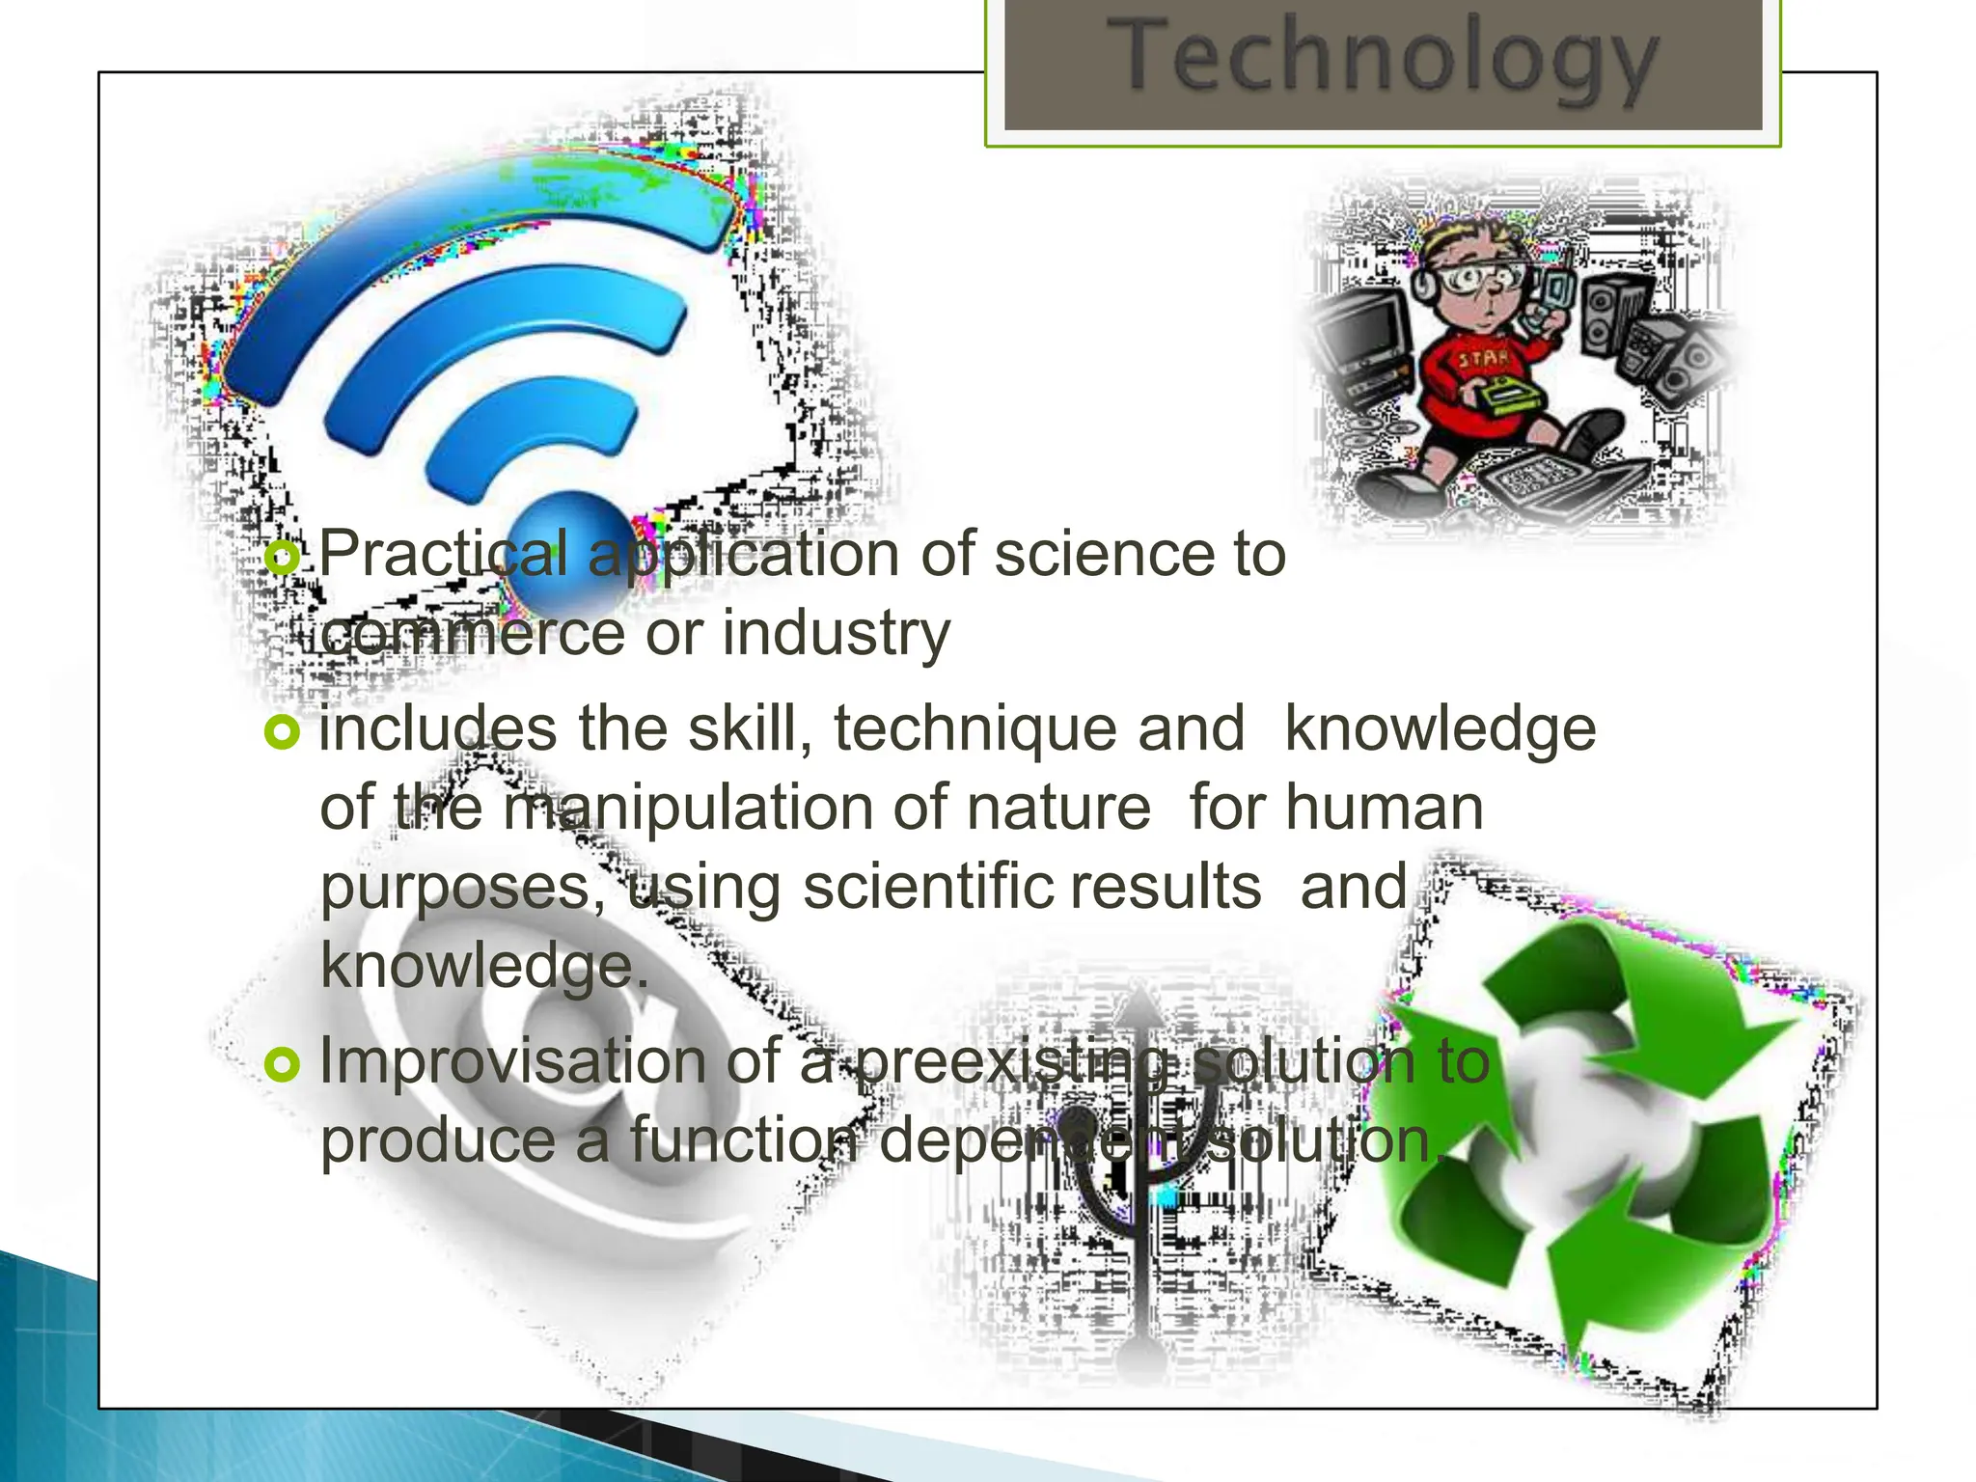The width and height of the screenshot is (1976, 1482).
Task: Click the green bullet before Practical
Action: [x=283, y=557]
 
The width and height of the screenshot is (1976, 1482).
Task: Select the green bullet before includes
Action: [x=283, y=733]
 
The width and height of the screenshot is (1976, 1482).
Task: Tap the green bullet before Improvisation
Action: [x=283, y=1064]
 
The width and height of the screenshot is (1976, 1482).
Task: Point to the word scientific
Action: [x=926, y=888]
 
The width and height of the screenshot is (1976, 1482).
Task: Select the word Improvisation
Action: [x=513, y=1061]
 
